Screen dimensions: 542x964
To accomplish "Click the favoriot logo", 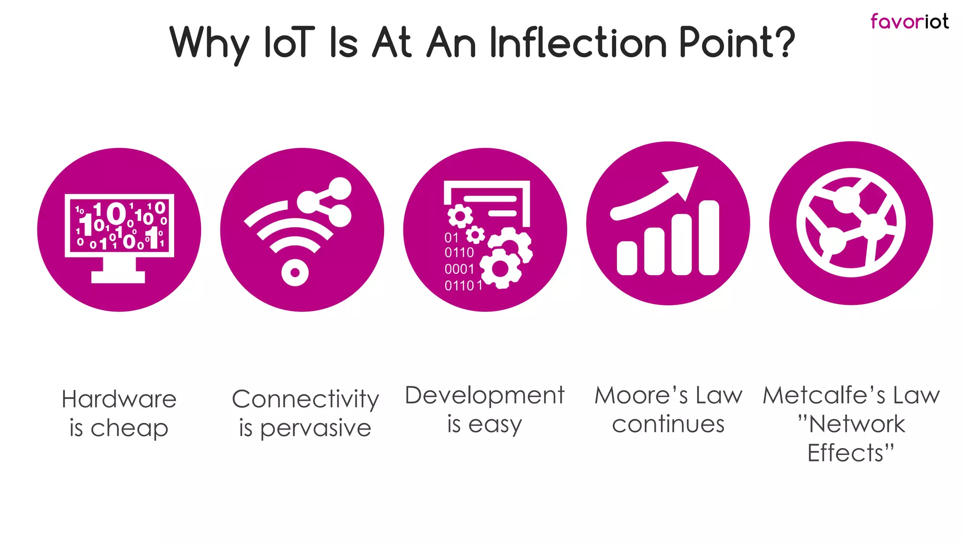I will tap(909, 22).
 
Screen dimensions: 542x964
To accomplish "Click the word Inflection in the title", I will tap(578, 43).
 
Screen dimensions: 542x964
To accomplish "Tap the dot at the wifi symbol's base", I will tap(295, 272).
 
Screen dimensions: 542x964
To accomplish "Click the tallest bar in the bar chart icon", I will tap(709, 238).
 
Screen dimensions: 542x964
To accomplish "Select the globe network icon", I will tap(851, 223).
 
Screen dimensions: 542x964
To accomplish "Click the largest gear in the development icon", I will tap(500, 268).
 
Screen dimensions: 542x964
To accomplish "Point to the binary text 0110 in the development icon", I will tap(459, 253).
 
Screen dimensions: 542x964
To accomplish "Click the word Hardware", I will tap(119, 399).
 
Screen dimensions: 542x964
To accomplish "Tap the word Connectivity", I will tap(305, 399).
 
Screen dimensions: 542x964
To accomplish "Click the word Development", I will tap(484, 396).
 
